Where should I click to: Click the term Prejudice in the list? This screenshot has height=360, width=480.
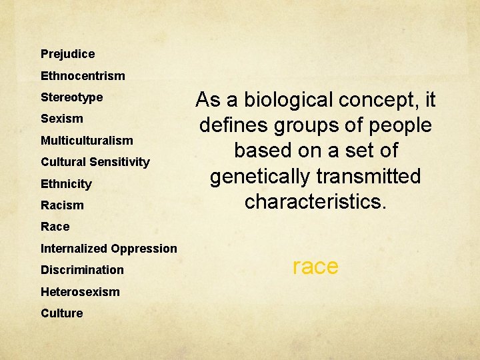67,54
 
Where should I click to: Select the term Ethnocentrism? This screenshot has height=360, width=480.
83,76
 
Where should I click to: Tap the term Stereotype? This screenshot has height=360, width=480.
71,97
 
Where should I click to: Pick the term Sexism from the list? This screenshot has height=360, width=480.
62,119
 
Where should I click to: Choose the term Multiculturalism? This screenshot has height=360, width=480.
87,141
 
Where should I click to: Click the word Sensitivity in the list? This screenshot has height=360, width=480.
123,162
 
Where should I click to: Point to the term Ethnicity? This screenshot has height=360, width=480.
66,184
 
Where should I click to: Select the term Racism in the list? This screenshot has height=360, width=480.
62,205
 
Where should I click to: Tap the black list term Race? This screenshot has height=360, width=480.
55,227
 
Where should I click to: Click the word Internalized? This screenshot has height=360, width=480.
75,249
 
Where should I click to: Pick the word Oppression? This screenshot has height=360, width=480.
145,249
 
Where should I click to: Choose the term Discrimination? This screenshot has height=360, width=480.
82,270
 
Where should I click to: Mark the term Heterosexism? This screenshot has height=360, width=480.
80,292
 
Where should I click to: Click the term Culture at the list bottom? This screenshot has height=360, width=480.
62,313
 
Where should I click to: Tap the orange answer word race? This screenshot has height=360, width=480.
315,267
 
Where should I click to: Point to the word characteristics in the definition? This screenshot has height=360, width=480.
315,202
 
